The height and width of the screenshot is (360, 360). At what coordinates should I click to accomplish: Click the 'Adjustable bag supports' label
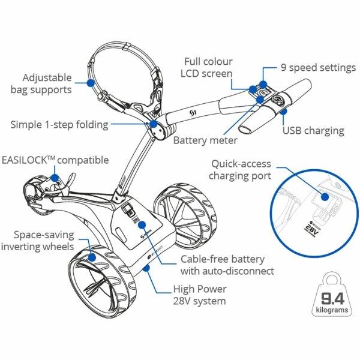tap(47, 83)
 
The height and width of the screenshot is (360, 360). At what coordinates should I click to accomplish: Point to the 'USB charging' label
tap(313, 130)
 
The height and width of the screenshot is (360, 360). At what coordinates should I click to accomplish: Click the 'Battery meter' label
tap(205, 140)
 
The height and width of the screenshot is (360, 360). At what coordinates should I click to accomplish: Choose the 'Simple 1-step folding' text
tap(59, 124)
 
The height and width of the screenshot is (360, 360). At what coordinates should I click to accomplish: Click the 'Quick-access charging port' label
tap(240, 169)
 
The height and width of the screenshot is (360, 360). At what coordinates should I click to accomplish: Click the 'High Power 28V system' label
tap(199, 294)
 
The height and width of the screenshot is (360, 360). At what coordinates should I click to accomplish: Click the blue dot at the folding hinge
tap(154, 124)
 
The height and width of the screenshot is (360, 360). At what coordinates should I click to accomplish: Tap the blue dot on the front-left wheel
tap(92, 258)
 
